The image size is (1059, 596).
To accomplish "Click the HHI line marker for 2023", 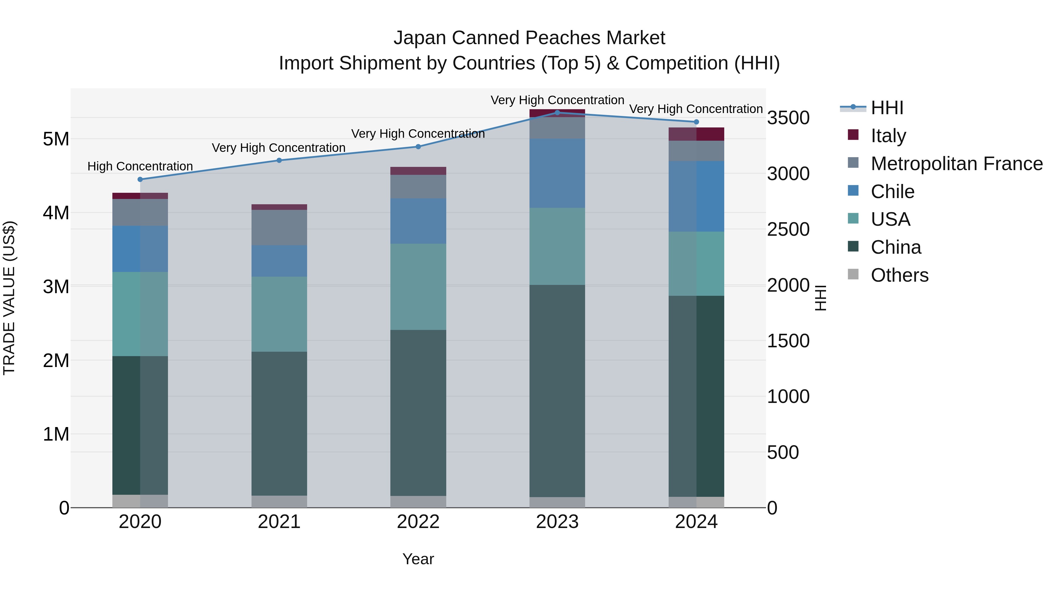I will (x=557, y=112).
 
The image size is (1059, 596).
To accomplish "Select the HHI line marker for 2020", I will (x=140, y=179).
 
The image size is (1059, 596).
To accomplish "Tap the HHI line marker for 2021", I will (x=279, y=160).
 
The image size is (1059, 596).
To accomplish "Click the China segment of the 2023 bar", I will (x=557, y=391).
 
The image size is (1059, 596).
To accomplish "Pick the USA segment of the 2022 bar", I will (x=418, y=287).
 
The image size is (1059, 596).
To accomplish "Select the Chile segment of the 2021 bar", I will (x=279, y=261).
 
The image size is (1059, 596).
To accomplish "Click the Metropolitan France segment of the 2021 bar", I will (x=279, y=228).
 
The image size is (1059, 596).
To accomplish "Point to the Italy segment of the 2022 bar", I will (x=418, y=171).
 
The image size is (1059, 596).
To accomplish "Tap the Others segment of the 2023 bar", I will (x=557, y=502).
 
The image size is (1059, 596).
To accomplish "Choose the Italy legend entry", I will (x=888, y=136).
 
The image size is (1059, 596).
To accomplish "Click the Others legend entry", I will (x=899, y=275).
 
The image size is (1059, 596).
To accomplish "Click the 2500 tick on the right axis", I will (x=788, y=230).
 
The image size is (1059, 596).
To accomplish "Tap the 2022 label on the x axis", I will (x=418, y=522).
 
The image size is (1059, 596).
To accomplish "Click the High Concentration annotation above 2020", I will (x=140, y=166).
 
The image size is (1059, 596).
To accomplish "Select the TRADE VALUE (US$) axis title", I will (x=9, y=298).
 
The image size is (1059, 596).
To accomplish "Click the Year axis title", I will (x=418, y=559).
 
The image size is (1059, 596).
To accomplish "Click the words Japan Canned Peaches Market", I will (x=529, y=38).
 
